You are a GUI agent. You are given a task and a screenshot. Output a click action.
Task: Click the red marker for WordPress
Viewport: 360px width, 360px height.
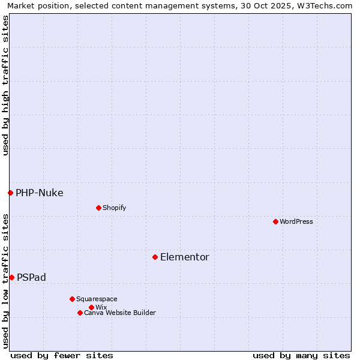(x=275, y=221)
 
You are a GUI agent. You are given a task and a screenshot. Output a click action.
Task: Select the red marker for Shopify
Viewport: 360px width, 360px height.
(x=98, y=208)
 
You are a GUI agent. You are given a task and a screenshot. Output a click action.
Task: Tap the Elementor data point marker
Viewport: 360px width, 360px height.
(x=155, y=257)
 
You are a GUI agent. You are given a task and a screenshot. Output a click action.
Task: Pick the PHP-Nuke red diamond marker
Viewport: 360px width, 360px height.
(x=10, y=193)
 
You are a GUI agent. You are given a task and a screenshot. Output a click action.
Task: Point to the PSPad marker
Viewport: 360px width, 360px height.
(x=11, y=277)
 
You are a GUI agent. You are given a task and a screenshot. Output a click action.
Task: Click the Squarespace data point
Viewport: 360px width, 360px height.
(x=72, y=299)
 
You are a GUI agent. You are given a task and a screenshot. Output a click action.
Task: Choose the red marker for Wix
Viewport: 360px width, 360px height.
(x=91, y=307)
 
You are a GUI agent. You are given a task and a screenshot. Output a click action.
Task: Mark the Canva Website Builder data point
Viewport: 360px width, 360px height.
(x=80, y=313)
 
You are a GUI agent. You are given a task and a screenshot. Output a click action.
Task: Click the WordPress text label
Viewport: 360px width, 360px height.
(x=296, y=221)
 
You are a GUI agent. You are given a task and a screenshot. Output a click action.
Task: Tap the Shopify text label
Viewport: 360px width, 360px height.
(x=114, y=208)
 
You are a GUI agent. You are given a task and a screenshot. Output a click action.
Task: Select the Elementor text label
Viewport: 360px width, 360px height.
(x=185, y=257)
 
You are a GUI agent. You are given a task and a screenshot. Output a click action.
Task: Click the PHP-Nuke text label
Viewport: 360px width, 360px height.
(x=40, y=193)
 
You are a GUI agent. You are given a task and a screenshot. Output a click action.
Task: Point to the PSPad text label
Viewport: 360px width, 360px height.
(x=31, y=277)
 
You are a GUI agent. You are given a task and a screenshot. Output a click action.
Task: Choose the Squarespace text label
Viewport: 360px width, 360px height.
(x=97, y=299)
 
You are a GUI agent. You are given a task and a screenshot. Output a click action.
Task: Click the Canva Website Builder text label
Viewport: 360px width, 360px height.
(x=120, y=313)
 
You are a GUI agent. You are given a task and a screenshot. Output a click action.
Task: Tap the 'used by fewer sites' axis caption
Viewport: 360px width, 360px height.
(x=62, y=355)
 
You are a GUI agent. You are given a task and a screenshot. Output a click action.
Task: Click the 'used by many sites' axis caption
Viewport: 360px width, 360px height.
(x=301, y=355)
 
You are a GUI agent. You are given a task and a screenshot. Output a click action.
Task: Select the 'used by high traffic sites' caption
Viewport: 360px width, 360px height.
(x=5, y=85)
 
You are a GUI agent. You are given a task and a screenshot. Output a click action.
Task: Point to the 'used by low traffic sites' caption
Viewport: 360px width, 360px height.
(x=5, y=280)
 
